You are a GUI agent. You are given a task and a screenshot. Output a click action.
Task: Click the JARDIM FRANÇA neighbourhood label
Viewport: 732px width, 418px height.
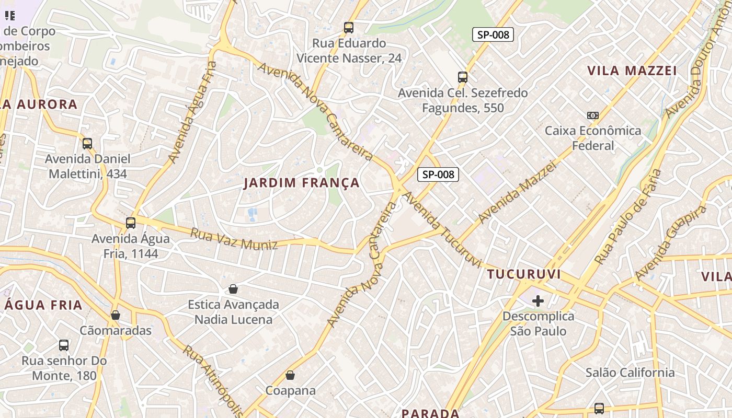click(x=302, y=183)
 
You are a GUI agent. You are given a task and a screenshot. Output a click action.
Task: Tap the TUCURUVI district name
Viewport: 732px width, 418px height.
click(x=524, y=274)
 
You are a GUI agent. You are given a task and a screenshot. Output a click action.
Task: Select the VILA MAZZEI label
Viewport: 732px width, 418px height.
click(x=632, y=71)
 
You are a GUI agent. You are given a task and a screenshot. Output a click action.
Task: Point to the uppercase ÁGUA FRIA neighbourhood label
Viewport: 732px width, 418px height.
click(x=44, y=305)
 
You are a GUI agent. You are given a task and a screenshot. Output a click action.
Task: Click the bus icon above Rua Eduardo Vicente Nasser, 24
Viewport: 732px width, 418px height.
click(x=349, y=28)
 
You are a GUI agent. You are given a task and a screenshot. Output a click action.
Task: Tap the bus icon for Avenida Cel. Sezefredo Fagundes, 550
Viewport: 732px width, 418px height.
click(x=463, y=77)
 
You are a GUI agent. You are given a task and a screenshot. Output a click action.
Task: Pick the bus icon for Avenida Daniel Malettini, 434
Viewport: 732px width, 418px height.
click(x=87, y=143)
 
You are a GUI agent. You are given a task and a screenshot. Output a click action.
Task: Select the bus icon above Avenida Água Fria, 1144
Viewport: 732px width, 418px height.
click(x=131, y=223)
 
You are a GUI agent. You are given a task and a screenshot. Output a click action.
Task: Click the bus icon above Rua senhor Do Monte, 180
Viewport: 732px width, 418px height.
click(x=64, y=345)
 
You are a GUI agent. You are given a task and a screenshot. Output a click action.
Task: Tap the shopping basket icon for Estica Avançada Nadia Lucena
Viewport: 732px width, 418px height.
click(x=233, y=289)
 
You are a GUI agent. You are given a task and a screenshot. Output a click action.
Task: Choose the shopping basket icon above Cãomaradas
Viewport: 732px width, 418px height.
click(x=116, y=315)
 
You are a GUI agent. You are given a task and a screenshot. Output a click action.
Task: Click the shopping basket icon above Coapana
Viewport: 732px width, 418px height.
click(x=290, y=375)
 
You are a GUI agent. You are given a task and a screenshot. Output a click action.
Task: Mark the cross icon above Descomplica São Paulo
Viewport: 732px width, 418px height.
click(x=538, y=301)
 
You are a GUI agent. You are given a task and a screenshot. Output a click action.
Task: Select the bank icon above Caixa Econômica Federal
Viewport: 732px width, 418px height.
click(x=593, y=115)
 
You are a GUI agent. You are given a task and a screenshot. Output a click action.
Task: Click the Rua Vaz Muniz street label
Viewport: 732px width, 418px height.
click(x=234, y=239)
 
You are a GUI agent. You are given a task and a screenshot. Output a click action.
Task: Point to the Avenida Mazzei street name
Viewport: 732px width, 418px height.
click(x=517, y=192)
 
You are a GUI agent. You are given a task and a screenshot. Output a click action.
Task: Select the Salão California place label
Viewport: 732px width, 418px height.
click(x=630, y=373)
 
